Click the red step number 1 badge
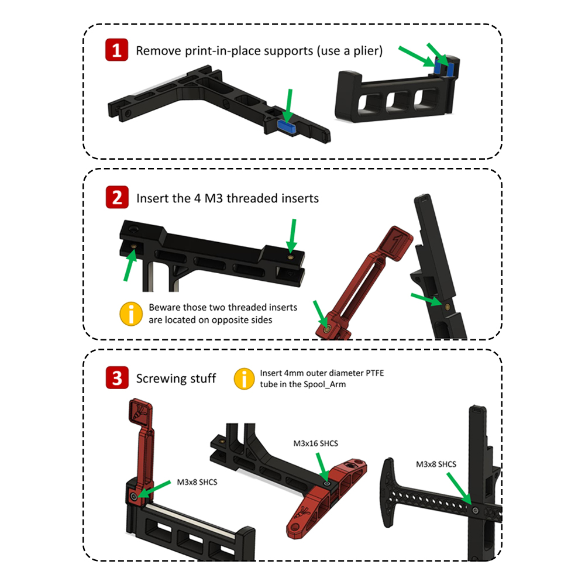(116, 50)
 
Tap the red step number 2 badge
(117, 197)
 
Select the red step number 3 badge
(117, 377)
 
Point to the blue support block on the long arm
(287, 126)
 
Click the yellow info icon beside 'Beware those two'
(131, 314)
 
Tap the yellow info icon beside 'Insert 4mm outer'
(244, 378)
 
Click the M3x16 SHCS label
(316, 443)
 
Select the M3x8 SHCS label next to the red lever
(197, 482)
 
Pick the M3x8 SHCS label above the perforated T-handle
(436, 464)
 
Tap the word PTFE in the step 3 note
(375, 373)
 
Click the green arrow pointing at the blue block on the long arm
(289, 106)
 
